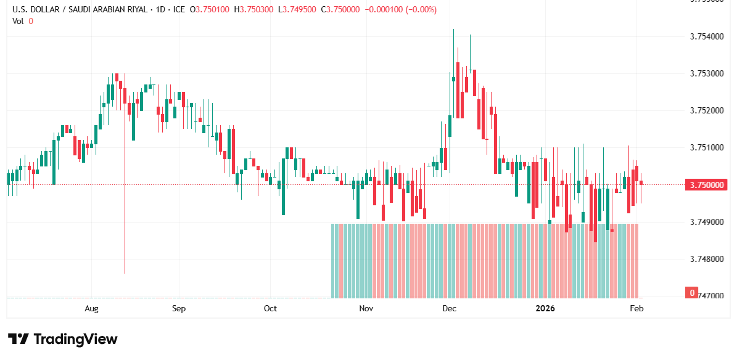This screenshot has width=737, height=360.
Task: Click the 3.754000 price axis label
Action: [x=706, y=37]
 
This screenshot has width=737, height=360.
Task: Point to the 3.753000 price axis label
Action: [x=706, y=74]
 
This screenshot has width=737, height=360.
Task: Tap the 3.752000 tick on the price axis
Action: [x=706, y=111]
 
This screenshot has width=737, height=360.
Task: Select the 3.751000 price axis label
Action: [x=706, y=148]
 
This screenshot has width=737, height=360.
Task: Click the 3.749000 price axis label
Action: [x=706, y=222]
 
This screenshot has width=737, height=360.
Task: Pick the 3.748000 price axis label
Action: [x=706, y=259]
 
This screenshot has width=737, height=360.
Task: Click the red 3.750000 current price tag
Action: [x=706, y=185]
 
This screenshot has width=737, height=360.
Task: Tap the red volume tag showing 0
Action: [x=693, y=293]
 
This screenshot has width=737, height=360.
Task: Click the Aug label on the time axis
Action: [x=91, y=308]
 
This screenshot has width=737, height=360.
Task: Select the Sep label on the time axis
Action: [x=179, y=308]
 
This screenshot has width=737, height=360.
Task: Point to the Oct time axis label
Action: [x=270, y=308]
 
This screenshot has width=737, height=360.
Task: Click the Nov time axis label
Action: [x=366, y=308]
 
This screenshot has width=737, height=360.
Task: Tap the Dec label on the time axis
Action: [x=449, y=308]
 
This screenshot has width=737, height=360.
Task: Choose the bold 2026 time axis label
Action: [x=545, y=308]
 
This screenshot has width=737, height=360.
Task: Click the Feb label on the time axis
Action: [x=637, y=308]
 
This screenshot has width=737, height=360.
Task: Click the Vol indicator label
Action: [x=18, y=21]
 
